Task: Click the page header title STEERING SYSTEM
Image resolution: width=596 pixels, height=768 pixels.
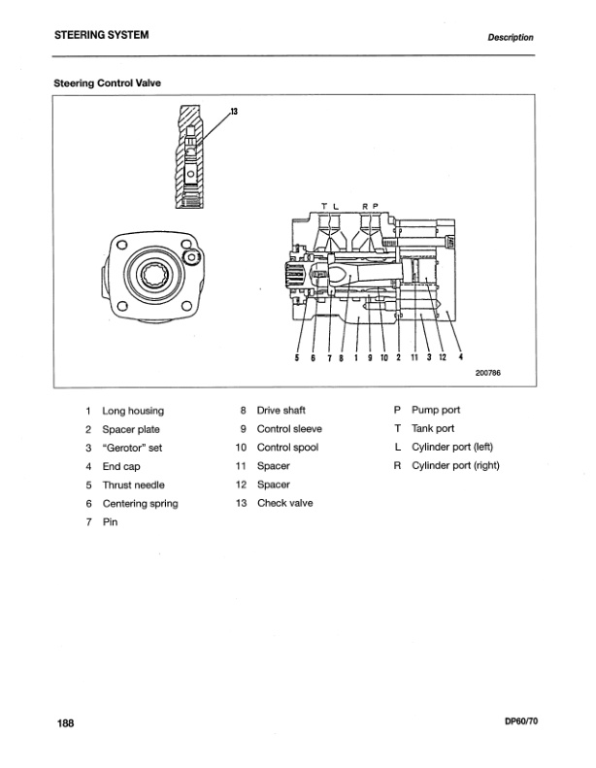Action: click(x=101, y=36)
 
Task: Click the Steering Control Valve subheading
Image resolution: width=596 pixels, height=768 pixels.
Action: click(x=107, y=83)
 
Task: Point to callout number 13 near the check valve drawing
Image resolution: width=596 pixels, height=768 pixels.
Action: click(x=234, y=112)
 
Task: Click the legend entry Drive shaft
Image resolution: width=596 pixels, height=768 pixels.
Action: click(x=281, y=411)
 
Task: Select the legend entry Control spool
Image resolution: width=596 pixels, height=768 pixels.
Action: click(x=287, y=448)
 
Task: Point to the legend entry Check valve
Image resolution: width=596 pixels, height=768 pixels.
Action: click(x=284, y=503)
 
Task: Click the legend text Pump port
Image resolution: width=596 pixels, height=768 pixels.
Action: click(x=436, y=411)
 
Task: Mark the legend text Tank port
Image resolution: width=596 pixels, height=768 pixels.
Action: click(x=433, y=429)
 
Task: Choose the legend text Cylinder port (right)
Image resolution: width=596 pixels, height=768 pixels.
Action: click(x=459, y=466)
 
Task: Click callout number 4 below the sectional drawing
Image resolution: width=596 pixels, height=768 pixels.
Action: click(x=460, y=354)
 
